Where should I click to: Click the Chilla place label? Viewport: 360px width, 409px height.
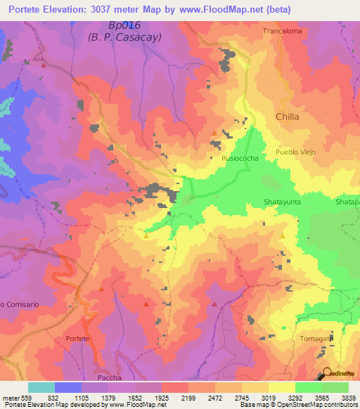point(288,117)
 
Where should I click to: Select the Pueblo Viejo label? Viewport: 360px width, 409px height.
point(295,152)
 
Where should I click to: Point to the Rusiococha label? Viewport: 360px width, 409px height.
point(238,160)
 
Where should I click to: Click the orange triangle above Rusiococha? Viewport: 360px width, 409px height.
point(214,132)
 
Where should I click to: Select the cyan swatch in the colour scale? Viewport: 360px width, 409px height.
point(41,387)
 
